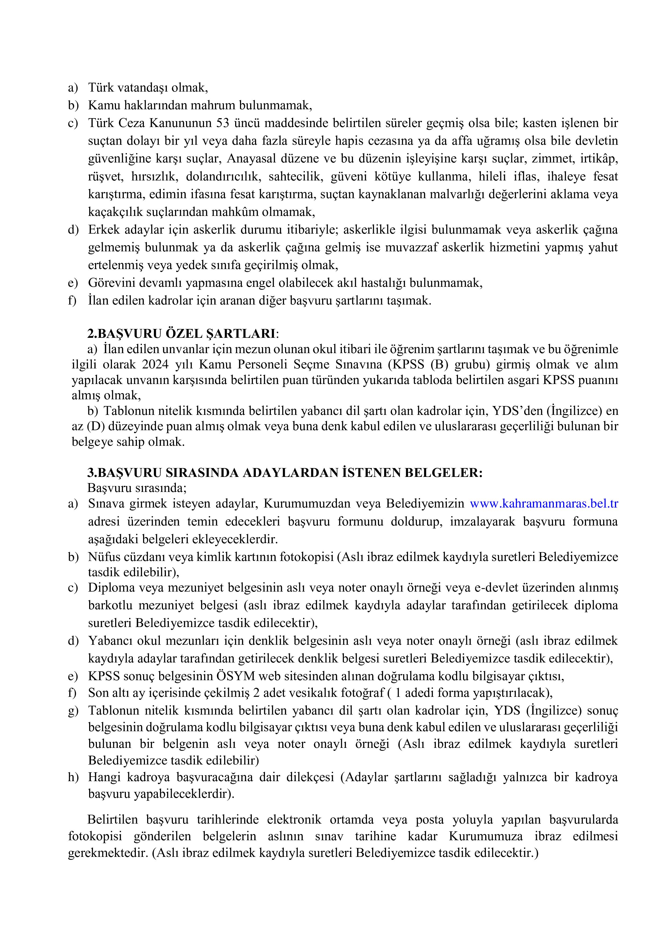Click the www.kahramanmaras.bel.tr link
click(x=544, y=503)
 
